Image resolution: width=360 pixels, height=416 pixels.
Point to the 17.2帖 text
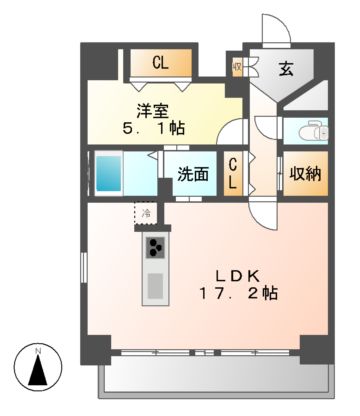click(238, 295)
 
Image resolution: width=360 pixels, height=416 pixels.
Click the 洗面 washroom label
click(193, 173)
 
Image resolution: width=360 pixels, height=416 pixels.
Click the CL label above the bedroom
click(160, 63)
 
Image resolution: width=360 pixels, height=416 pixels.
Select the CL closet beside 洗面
click(233, 175)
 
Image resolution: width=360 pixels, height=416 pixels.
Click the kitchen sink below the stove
click(155, 286)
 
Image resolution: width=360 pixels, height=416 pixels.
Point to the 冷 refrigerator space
click(146, 213)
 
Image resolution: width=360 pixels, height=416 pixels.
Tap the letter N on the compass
click(37, 349)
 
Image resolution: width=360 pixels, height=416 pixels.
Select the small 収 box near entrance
click(237, 68)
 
